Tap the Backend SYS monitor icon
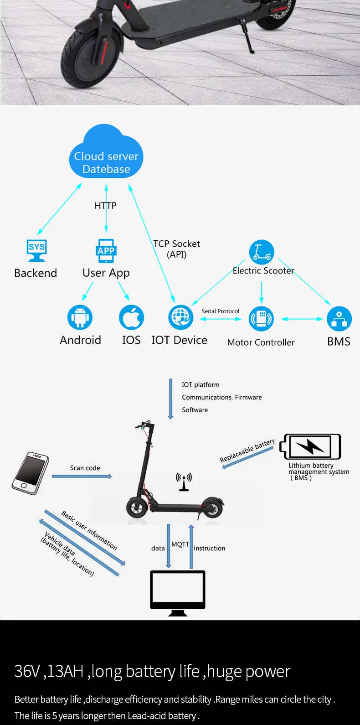(x=36, y=250)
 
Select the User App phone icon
(x=106, y=251)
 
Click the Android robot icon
(x=80, y=317)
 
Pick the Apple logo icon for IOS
(x=131, y=317)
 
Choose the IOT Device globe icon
(x=180, y=317)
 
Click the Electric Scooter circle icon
(x=262, y=252)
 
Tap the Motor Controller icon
(x=261, y=318)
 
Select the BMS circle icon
(x=339, y=318)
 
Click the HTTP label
(x=105, y=206)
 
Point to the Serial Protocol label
(x=221, y=311)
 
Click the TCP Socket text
(x=177, y=244)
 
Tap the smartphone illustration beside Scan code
(x=30, y=473)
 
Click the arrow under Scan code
(x=82, y=476)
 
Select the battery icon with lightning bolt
(x=311, y=447)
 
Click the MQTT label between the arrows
(x=180, y=544)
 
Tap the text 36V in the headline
(x=27, y=671)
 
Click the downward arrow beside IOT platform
(x=170, y=399)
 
